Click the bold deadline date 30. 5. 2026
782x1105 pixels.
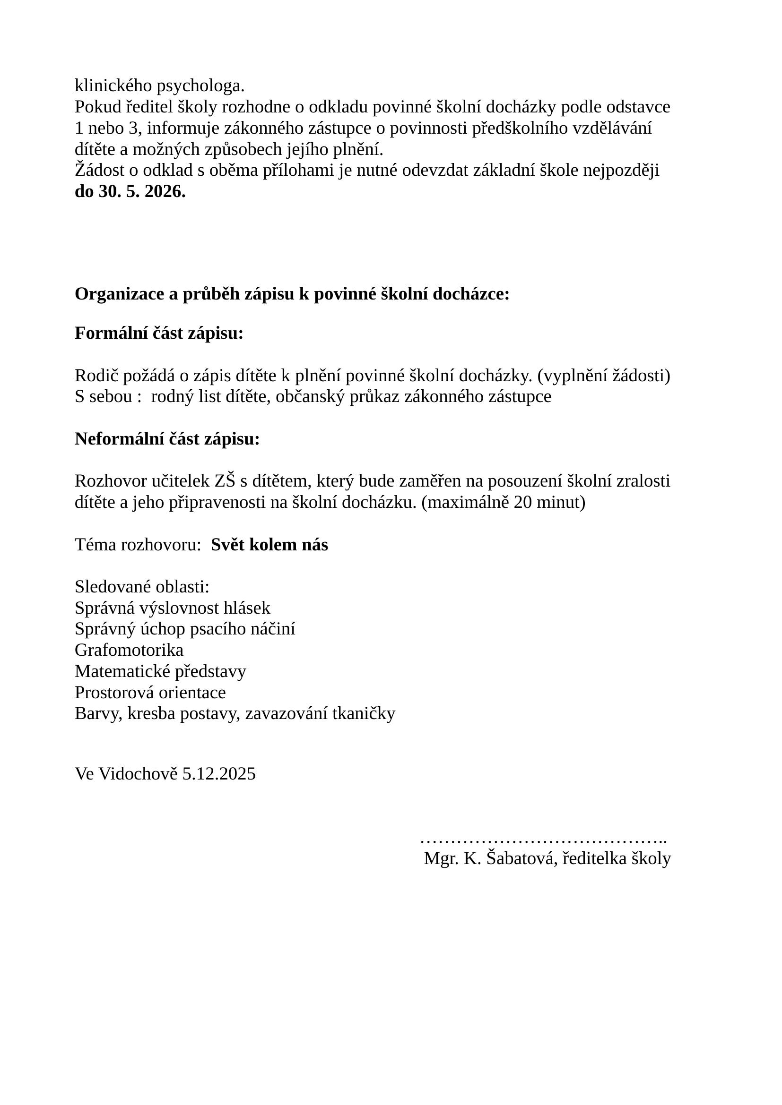(142, 191)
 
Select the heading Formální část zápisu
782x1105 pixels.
(159, 333)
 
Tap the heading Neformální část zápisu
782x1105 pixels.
(167, 439)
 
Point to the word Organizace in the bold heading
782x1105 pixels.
(120, 294)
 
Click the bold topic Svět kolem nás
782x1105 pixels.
(269, 545)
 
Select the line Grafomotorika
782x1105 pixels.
(129, 650)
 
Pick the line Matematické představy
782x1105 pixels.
(160, 671)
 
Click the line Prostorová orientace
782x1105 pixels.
(150, 693)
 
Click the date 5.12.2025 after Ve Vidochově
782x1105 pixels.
(219, 774)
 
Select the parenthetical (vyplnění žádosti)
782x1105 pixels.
(604, 376)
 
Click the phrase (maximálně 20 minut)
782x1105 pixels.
(503, 503)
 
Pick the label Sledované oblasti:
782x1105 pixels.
(142, 587)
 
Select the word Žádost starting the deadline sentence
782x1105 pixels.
(98, 171)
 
